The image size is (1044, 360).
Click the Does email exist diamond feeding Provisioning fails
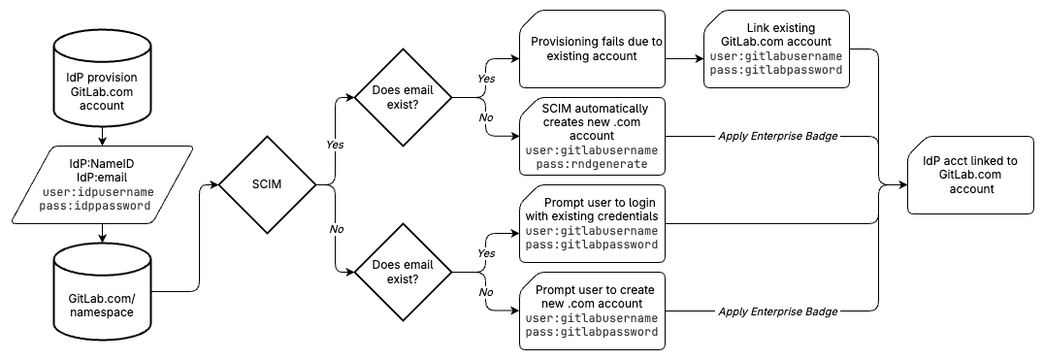pyautogui.click(x=402, y=97)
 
